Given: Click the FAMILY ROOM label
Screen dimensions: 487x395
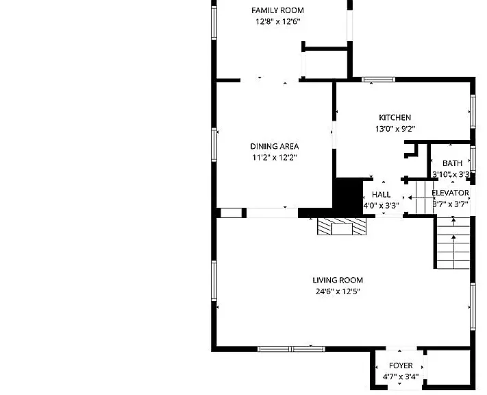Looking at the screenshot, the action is [277, 10].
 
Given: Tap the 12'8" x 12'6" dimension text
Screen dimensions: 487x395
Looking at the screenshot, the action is [278, 21].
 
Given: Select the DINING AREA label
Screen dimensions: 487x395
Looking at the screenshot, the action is [275, 146].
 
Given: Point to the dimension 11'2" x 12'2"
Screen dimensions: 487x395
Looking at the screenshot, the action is [275, 157].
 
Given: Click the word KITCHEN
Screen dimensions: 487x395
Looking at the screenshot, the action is [395, 117].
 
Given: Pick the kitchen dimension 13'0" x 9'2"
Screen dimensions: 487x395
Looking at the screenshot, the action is [395, 129].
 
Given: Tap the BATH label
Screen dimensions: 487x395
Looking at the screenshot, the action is [452, 163].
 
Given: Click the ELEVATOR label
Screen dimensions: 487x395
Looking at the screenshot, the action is [450, 193].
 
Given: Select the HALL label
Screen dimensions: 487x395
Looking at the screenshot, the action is [381, 195].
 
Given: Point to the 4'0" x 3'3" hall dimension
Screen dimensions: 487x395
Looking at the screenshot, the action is [382, 206].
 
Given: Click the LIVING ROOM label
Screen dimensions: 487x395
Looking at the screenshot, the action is [338, 280].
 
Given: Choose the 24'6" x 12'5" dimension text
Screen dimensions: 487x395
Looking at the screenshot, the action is [338, 291].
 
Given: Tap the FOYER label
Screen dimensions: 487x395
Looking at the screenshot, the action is [401, 366].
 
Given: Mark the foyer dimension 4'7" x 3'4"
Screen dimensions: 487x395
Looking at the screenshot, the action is [401, 376].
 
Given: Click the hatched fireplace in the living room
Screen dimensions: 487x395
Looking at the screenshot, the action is [342, 226].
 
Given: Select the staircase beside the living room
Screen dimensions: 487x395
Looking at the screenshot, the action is [453, 243].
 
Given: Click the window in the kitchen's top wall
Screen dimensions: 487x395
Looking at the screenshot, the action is [379, 80].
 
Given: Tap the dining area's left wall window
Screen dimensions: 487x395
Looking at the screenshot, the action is [214, 145].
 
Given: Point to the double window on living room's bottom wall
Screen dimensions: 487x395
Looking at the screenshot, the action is [291, 349].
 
